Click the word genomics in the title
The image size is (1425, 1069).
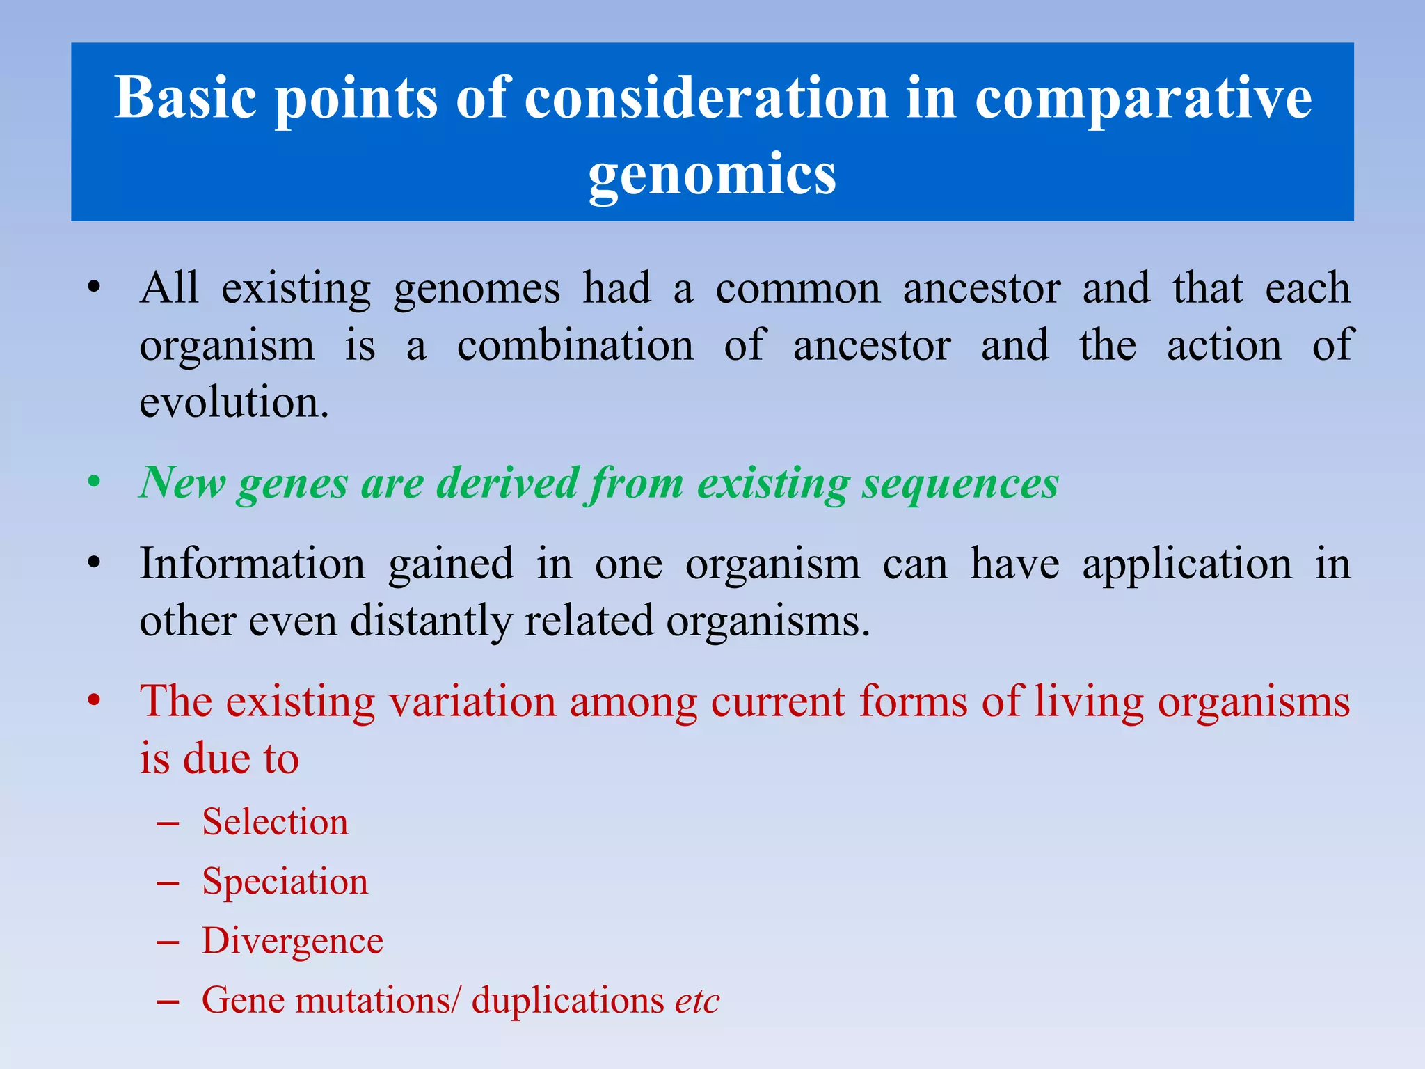(712, 174)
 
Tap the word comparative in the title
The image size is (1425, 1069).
(1143, 97)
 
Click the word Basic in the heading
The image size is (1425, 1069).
(185, 97)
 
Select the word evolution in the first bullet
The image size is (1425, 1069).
(234, 402)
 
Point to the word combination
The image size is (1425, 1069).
(575, 345)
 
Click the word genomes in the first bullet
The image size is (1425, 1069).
(477, 288)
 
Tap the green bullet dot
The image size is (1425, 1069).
(95, 482)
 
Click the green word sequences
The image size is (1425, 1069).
(960, 482)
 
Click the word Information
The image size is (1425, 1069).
(252, 563)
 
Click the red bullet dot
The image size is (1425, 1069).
(95, 701)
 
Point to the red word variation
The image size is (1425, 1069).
(472, 701)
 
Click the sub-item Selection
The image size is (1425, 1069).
(275, 822)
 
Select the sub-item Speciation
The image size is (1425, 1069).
(285, 881)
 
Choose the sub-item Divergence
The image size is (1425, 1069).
(292, 941)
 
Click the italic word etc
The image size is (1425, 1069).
(696, 1001)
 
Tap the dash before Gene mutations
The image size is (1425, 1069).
(168, 1001)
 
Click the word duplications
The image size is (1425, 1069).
(568, 1001)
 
